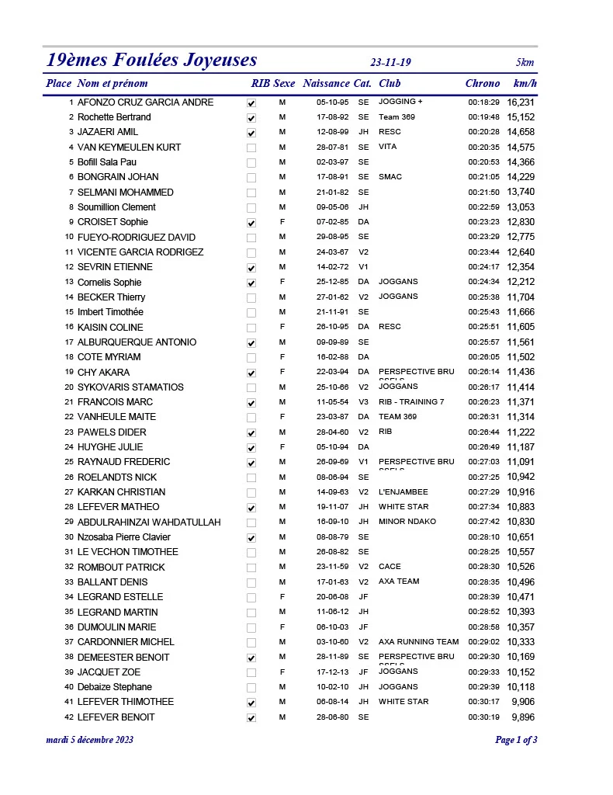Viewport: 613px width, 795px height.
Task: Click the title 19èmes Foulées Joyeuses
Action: [x=152, y=61]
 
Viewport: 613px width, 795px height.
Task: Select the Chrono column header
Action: [x=483, y=84]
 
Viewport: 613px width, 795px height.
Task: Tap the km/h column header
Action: [x=525, y=84]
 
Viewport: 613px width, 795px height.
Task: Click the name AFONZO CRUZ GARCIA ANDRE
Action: [x=145, y=102]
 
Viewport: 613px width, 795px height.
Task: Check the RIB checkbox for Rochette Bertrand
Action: [x=251, y=118]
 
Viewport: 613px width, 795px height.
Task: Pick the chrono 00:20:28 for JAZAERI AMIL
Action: [x=483, y=133]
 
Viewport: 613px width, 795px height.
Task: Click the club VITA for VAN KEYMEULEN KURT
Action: [x=387, y=147]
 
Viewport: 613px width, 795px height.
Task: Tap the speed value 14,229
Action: [x=521, y=177]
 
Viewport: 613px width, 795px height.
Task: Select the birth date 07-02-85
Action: [x=332, y=222]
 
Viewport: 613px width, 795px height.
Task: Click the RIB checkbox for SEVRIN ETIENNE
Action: [x=251, y=268]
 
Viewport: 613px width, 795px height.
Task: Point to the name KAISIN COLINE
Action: [x=110, y=328]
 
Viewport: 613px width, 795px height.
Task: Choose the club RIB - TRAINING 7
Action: [x=411, y=401]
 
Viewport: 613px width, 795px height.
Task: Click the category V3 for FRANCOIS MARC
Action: [x=364, y=402]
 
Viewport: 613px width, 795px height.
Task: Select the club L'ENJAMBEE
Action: [x=403, y=491]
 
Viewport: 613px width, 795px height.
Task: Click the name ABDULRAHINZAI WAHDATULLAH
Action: [x=149, y=522]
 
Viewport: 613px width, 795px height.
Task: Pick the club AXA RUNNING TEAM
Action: [x=418, y=642]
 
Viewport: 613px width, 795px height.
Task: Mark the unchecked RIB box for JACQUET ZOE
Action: [x=251, y=673]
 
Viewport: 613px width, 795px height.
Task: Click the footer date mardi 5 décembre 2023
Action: [x=90, y=740]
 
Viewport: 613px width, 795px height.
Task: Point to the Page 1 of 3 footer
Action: [x=516, y=740]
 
